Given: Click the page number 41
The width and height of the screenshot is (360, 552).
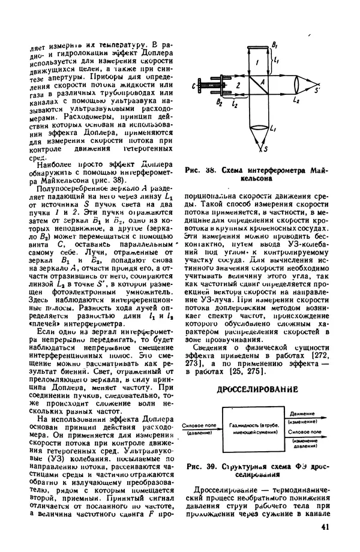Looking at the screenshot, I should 324,528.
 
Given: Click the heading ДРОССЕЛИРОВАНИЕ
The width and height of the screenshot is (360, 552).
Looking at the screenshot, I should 257,389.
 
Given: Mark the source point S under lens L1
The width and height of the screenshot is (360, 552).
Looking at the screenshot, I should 266,153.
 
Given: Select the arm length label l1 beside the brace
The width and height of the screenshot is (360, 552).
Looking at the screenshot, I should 276,60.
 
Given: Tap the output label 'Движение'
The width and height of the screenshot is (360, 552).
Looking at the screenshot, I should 300,415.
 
